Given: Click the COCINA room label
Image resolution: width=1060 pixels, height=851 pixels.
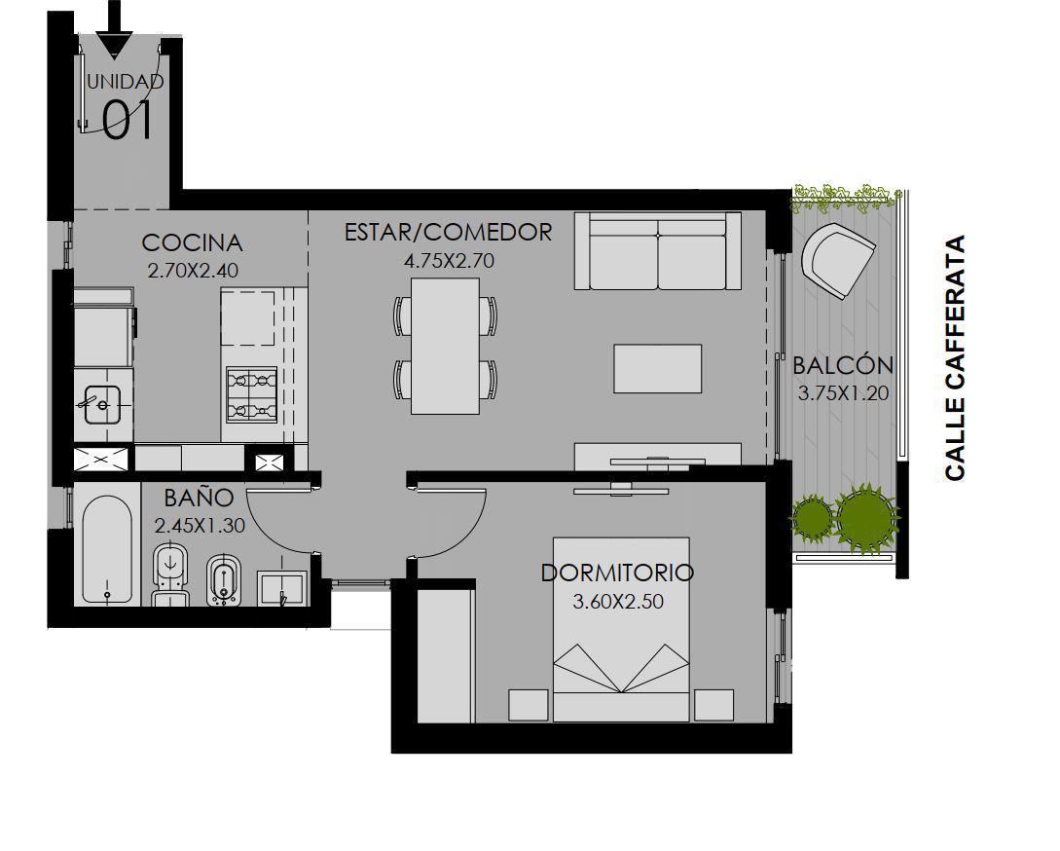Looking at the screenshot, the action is [192, 242].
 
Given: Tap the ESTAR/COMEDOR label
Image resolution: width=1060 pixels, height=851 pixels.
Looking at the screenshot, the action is [448, 232].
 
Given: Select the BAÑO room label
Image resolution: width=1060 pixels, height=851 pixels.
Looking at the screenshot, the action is [199, 498].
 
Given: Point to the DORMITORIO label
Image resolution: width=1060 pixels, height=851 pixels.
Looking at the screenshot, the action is [617, 573].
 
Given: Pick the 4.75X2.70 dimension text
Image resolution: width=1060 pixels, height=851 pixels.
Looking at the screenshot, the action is [449, 260].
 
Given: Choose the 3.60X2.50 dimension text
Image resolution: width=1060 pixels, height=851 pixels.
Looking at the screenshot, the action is [618, 602].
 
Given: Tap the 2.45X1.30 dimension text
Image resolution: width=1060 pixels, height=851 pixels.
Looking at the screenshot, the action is [200, 526].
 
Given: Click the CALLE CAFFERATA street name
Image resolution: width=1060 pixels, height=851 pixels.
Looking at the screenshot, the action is [955, 358].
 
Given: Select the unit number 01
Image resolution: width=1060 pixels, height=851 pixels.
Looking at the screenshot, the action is [127, 121].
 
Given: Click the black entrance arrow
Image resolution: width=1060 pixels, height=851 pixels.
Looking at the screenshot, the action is [114, 29].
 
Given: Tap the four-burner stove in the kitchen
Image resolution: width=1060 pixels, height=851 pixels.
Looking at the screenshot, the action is [251, 395].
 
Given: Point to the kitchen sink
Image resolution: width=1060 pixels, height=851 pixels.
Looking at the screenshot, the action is [102, 404].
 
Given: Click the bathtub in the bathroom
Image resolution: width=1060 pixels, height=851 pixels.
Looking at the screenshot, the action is [107, 550].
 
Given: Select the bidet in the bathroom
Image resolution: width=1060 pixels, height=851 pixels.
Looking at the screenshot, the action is [222, 579].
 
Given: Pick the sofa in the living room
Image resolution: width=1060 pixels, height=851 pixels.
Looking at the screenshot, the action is [658, 251].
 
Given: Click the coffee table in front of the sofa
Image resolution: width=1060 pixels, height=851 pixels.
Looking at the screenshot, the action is [658, 369].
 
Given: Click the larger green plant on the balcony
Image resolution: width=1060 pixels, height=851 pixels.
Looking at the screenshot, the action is [866, 517].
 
